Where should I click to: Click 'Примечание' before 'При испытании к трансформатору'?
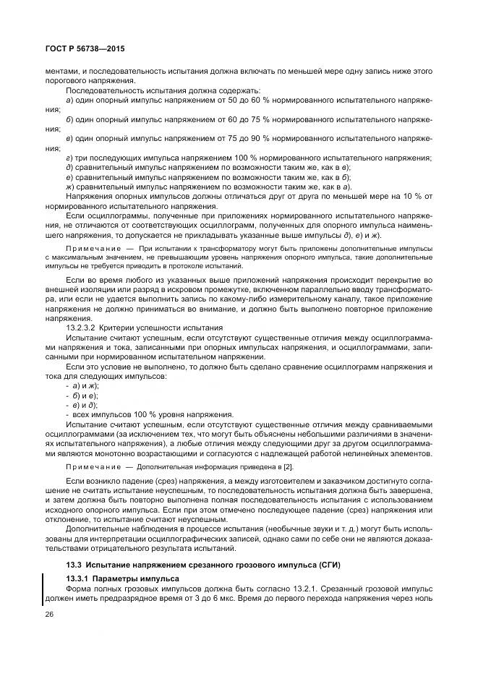click(x=90, y=248)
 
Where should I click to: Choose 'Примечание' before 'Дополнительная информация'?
click(x=90, y=469)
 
